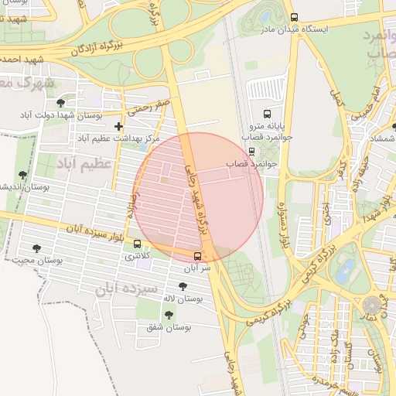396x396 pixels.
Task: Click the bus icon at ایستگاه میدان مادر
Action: [x=293, y=17]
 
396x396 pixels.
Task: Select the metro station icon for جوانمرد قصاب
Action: [x=251, y=151]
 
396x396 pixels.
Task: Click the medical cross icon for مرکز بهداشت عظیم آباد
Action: [x=118, y=126]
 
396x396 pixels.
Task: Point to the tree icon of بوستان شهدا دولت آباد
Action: [x=60, y=103]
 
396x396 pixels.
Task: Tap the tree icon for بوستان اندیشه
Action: [x=22, y=176]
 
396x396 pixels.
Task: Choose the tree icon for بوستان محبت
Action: [x=36, y=248]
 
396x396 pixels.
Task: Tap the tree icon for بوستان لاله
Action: [x=183, y=286]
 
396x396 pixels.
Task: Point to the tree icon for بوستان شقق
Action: [x=169, y=315]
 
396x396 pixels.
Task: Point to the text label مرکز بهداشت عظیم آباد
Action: [x=113, y=138]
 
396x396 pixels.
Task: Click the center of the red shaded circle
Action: [x=198, y=196]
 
